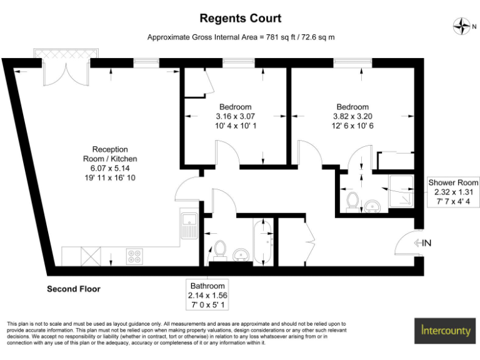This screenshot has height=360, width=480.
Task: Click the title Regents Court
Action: pyautogui.click(x=240, y=19)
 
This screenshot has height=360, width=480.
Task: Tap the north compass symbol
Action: pyautogui.click(x=461, y=26)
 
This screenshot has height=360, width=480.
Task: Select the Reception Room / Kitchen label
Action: pyautogui.click(x=110, y=164)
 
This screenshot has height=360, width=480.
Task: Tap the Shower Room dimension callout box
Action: pyautogui.click(x=453, y=192)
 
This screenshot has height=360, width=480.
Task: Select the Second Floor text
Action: pyautogui.click(x=74, y=289)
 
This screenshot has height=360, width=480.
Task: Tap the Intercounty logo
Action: pyautogui.click(x=444, y=329)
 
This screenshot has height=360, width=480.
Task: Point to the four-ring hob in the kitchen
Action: pyautogui.click(x=134, y=255)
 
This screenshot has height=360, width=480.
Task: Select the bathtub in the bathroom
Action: pyautogui.click(x=263, y=241)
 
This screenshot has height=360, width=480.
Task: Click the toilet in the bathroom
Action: pyautogui.click(x=218, y=249)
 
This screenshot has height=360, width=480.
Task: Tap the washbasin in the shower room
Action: pyautogui.click(x=373, y=206)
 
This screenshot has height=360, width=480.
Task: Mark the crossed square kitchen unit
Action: pyautogui.click(x=90, y=255)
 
